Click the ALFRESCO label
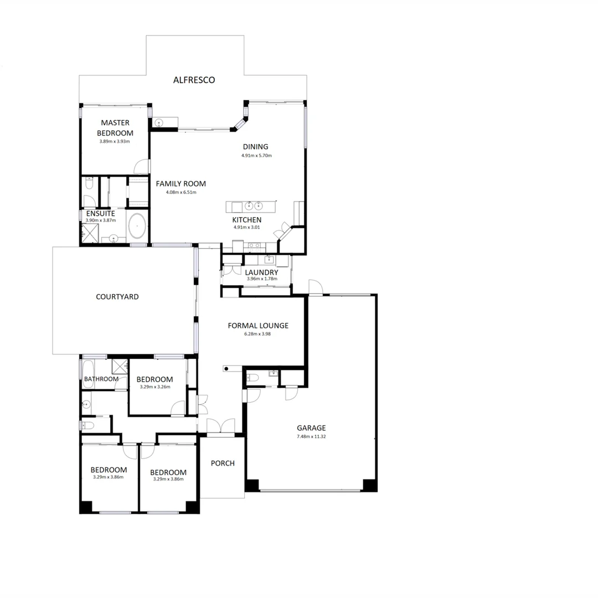point(194,80)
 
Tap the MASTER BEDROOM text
point(115,128)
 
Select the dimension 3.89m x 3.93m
point(115,141)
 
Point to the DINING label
point(255,147)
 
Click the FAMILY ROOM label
point(181,184)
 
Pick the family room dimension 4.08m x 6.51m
point(181,193)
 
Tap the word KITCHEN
point(247,220)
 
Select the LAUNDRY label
point(261,272)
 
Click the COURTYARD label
point(117,297)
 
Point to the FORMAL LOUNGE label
point(258,326)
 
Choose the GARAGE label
point(311,427)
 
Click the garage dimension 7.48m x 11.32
point(311,436)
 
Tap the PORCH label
point(223,463)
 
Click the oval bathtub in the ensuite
point(137,226)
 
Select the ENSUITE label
point(100,213)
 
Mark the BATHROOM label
point(101,379)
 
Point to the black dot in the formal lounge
point(226,369)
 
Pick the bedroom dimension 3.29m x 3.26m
point(155,387)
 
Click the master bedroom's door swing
point(142,167)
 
